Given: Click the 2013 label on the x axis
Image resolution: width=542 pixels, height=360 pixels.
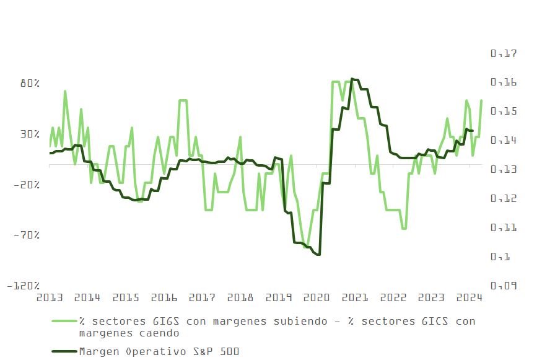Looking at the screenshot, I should (50, 297).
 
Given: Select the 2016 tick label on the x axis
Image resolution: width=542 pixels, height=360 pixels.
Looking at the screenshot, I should (164, 297).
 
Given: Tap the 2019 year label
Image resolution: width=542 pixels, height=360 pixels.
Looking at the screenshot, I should (279, 297).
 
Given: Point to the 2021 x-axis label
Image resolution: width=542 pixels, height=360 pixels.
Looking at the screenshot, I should (355, 297).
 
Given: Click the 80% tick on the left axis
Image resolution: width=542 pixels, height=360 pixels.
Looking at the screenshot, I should (29, 83).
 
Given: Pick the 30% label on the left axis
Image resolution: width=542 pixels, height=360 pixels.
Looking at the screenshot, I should (29, 134).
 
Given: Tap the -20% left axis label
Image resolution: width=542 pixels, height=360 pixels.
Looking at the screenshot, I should (27, 185).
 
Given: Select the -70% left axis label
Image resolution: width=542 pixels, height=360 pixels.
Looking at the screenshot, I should (27, 235).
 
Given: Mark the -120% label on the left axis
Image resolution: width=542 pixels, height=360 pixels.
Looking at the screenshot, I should (24, 286).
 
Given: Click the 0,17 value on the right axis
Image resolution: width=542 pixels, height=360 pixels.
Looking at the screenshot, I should (504, 54).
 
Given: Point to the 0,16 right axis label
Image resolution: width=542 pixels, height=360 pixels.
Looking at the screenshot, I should (504, 83).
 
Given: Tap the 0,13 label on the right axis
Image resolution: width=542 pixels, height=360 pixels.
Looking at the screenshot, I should (504, 170).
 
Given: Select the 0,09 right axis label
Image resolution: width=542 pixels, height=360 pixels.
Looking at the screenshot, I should (504, 286).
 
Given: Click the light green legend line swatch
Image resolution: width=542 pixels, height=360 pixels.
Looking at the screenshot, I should (63, 322).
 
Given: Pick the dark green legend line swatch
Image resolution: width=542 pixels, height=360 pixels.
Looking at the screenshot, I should (63, 351).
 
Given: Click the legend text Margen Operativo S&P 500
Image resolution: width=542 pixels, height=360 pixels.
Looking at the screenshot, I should (159, 351).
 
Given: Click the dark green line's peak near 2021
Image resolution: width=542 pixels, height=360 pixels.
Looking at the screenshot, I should (352, 79).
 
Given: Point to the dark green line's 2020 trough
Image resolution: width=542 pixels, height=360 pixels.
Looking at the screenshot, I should (318, 255).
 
